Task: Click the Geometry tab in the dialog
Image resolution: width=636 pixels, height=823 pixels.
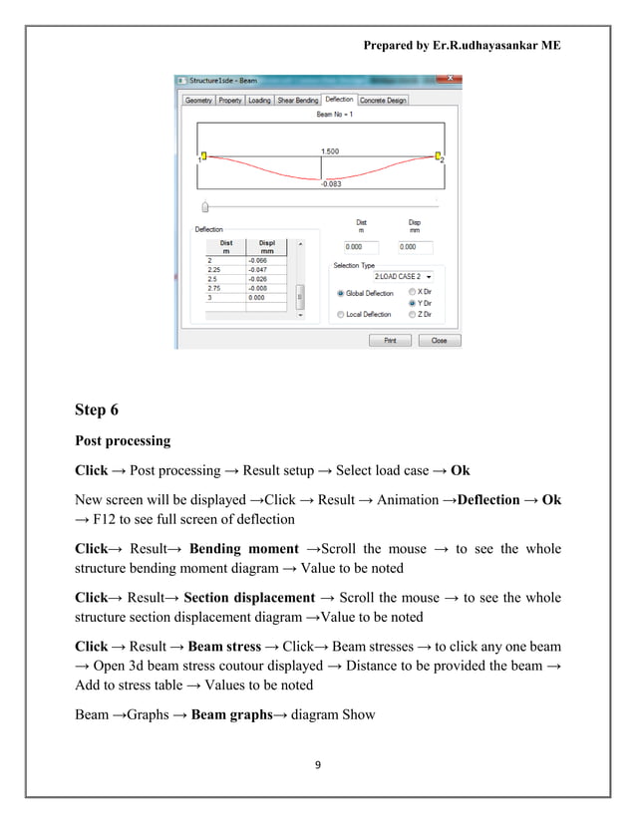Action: [x=199, y=101]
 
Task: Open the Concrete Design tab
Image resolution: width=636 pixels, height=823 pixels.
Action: [x=383, y=101]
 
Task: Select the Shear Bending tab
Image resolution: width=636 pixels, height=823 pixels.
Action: [x=297, y=101]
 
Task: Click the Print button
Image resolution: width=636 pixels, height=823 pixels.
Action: [x=390, y=340]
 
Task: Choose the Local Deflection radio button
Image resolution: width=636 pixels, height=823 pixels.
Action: [x=340, y=314]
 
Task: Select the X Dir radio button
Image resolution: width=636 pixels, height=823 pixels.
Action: [x=413, y=292]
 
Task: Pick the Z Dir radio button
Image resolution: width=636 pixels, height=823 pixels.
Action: [x=413, y=314]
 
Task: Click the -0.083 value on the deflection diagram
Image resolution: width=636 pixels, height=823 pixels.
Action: [x=330, y=184]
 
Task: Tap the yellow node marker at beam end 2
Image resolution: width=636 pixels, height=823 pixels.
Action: [x=438, y=155]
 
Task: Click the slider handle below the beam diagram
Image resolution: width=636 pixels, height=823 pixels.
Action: [x=205, y=207]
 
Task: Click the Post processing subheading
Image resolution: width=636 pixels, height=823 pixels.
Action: [x=123, y=440]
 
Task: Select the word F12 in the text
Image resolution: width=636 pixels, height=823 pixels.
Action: [x=104, y=518]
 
